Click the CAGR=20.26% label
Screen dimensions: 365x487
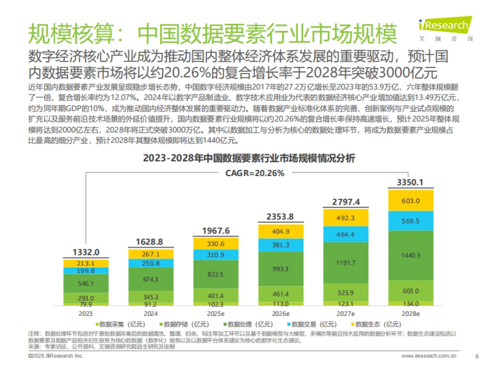tap(255, 173)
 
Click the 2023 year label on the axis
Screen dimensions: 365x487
tap(85, 313)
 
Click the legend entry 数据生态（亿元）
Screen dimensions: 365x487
tap(375, 324)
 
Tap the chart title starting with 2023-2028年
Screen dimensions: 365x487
tap(249, 159)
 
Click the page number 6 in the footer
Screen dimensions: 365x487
tap(476, 356)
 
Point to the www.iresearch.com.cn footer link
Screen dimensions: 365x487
tap(429, 356)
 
